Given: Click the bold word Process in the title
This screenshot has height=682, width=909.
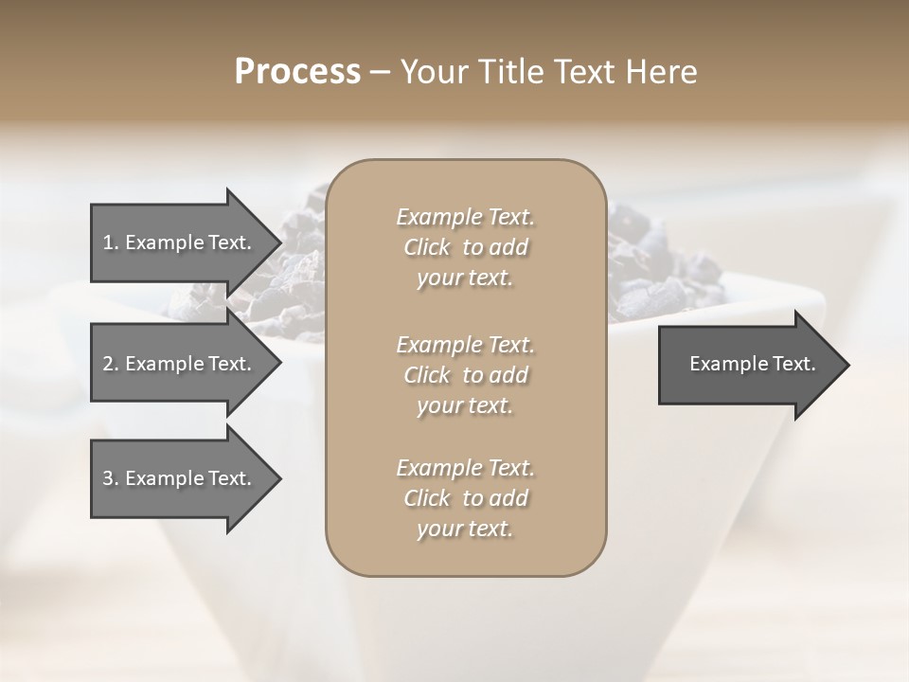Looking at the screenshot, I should point(297,72).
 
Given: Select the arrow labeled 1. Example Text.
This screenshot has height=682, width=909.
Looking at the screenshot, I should point(177,242).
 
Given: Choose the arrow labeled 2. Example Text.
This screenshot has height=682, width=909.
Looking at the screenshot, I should point(177,364).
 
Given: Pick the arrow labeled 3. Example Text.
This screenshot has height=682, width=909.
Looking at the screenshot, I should point(177,478).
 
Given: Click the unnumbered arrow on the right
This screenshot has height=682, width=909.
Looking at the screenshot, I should point(752,365).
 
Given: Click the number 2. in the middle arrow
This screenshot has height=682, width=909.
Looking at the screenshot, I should point(111,364).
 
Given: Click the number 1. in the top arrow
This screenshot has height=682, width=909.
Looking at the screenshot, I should point(110,242).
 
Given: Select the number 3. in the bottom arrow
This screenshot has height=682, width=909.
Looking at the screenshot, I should point(111,478).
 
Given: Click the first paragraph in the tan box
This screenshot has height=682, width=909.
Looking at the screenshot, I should point(465,247).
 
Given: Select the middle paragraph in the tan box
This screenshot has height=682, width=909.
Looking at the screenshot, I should point(465,375).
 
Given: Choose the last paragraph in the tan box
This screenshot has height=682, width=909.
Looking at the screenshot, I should point(465,498).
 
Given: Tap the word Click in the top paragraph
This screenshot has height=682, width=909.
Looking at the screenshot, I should point(427,247).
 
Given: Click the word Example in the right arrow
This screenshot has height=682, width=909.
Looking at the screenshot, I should point(723,364).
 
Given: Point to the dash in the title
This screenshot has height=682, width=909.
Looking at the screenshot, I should point(380,73).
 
